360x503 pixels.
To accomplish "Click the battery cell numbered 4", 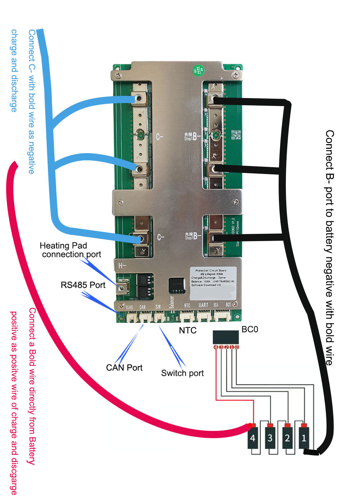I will click(253, 437).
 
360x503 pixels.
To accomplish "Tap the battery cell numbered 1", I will click(304, 437).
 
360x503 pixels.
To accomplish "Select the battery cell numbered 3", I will click(270, 437).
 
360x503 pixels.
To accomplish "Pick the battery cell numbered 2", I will click(287, 437).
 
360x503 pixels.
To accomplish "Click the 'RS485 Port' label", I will click(83, 285).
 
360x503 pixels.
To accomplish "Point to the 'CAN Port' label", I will click(124, 368).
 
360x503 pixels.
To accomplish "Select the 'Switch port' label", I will click(182, 373).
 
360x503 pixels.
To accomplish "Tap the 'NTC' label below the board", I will click(188, 330).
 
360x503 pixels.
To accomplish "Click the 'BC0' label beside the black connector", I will click(250, 329).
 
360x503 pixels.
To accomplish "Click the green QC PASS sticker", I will click(198, 70).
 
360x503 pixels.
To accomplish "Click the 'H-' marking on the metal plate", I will click(122, 266).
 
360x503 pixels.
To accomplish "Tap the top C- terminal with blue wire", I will click(139, 98).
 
